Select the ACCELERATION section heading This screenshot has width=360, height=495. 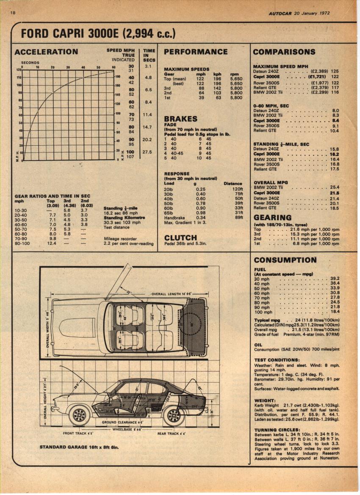point(46,52)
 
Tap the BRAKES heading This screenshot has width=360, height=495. point(181,119)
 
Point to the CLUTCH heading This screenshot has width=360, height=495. point(180,238)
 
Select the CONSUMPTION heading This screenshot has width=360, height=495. point(285,260)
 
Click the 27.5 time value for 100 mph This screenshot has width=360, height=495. point(147,152)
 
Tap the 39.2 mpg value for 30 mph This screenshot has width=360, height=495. point(335,278)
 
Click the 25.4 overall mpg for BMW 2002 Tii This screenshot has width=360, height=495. point(334,187)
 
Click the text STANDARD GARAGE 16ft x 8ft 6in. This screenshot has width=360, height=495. point(79,447)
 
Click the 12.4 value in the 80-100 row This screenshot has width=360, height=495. point(52,243)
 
